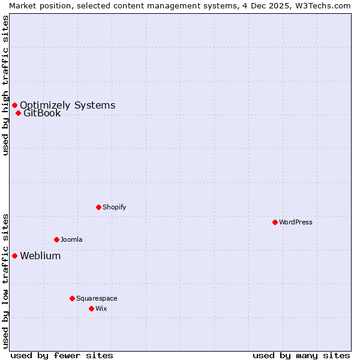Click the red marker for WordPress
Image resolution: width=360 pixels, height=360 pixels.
[275, 222]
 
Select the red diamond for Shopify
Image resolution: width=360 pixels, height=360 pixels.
[98, 207]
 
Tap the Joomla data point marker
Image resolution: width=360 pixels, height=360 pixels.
[56, 239]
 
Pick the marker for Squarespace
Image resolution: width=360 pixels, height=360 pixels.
[72, 298]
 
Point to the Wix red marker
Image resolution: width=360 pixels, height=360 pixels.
[91, 308]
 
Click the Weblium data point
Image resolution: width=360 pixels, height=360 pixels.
[14, 256]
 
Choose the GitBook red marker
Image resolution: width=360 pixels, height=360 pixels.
[18, 113]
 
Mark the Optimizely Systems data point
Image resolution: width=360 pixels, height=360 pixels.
[14, 105]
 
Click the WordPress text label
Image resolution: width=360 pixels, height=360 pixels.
[295, 222]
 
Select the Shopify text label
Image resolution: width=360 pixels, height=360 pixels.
[114, 207]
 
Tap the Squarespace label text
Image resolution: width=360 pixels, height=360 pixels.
[97, 298]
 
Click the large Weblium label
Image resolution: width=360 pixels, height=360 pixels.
[40, 256]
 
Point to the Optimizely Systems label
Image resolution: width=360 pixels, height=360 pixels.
[67, 105]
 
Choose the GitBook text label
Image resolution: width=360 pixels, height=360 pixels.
[42, 113]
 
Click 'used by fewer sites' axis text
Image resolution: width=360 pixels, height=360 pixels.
[62, 355]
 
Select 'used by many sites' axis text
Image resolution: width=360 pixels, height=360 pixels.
[301, 355]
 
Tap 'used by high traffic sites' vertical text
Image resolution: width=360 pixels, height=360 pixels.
[5, 86]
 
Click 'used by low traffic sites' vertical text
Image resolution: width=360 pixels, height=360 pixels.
[5, 281]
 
